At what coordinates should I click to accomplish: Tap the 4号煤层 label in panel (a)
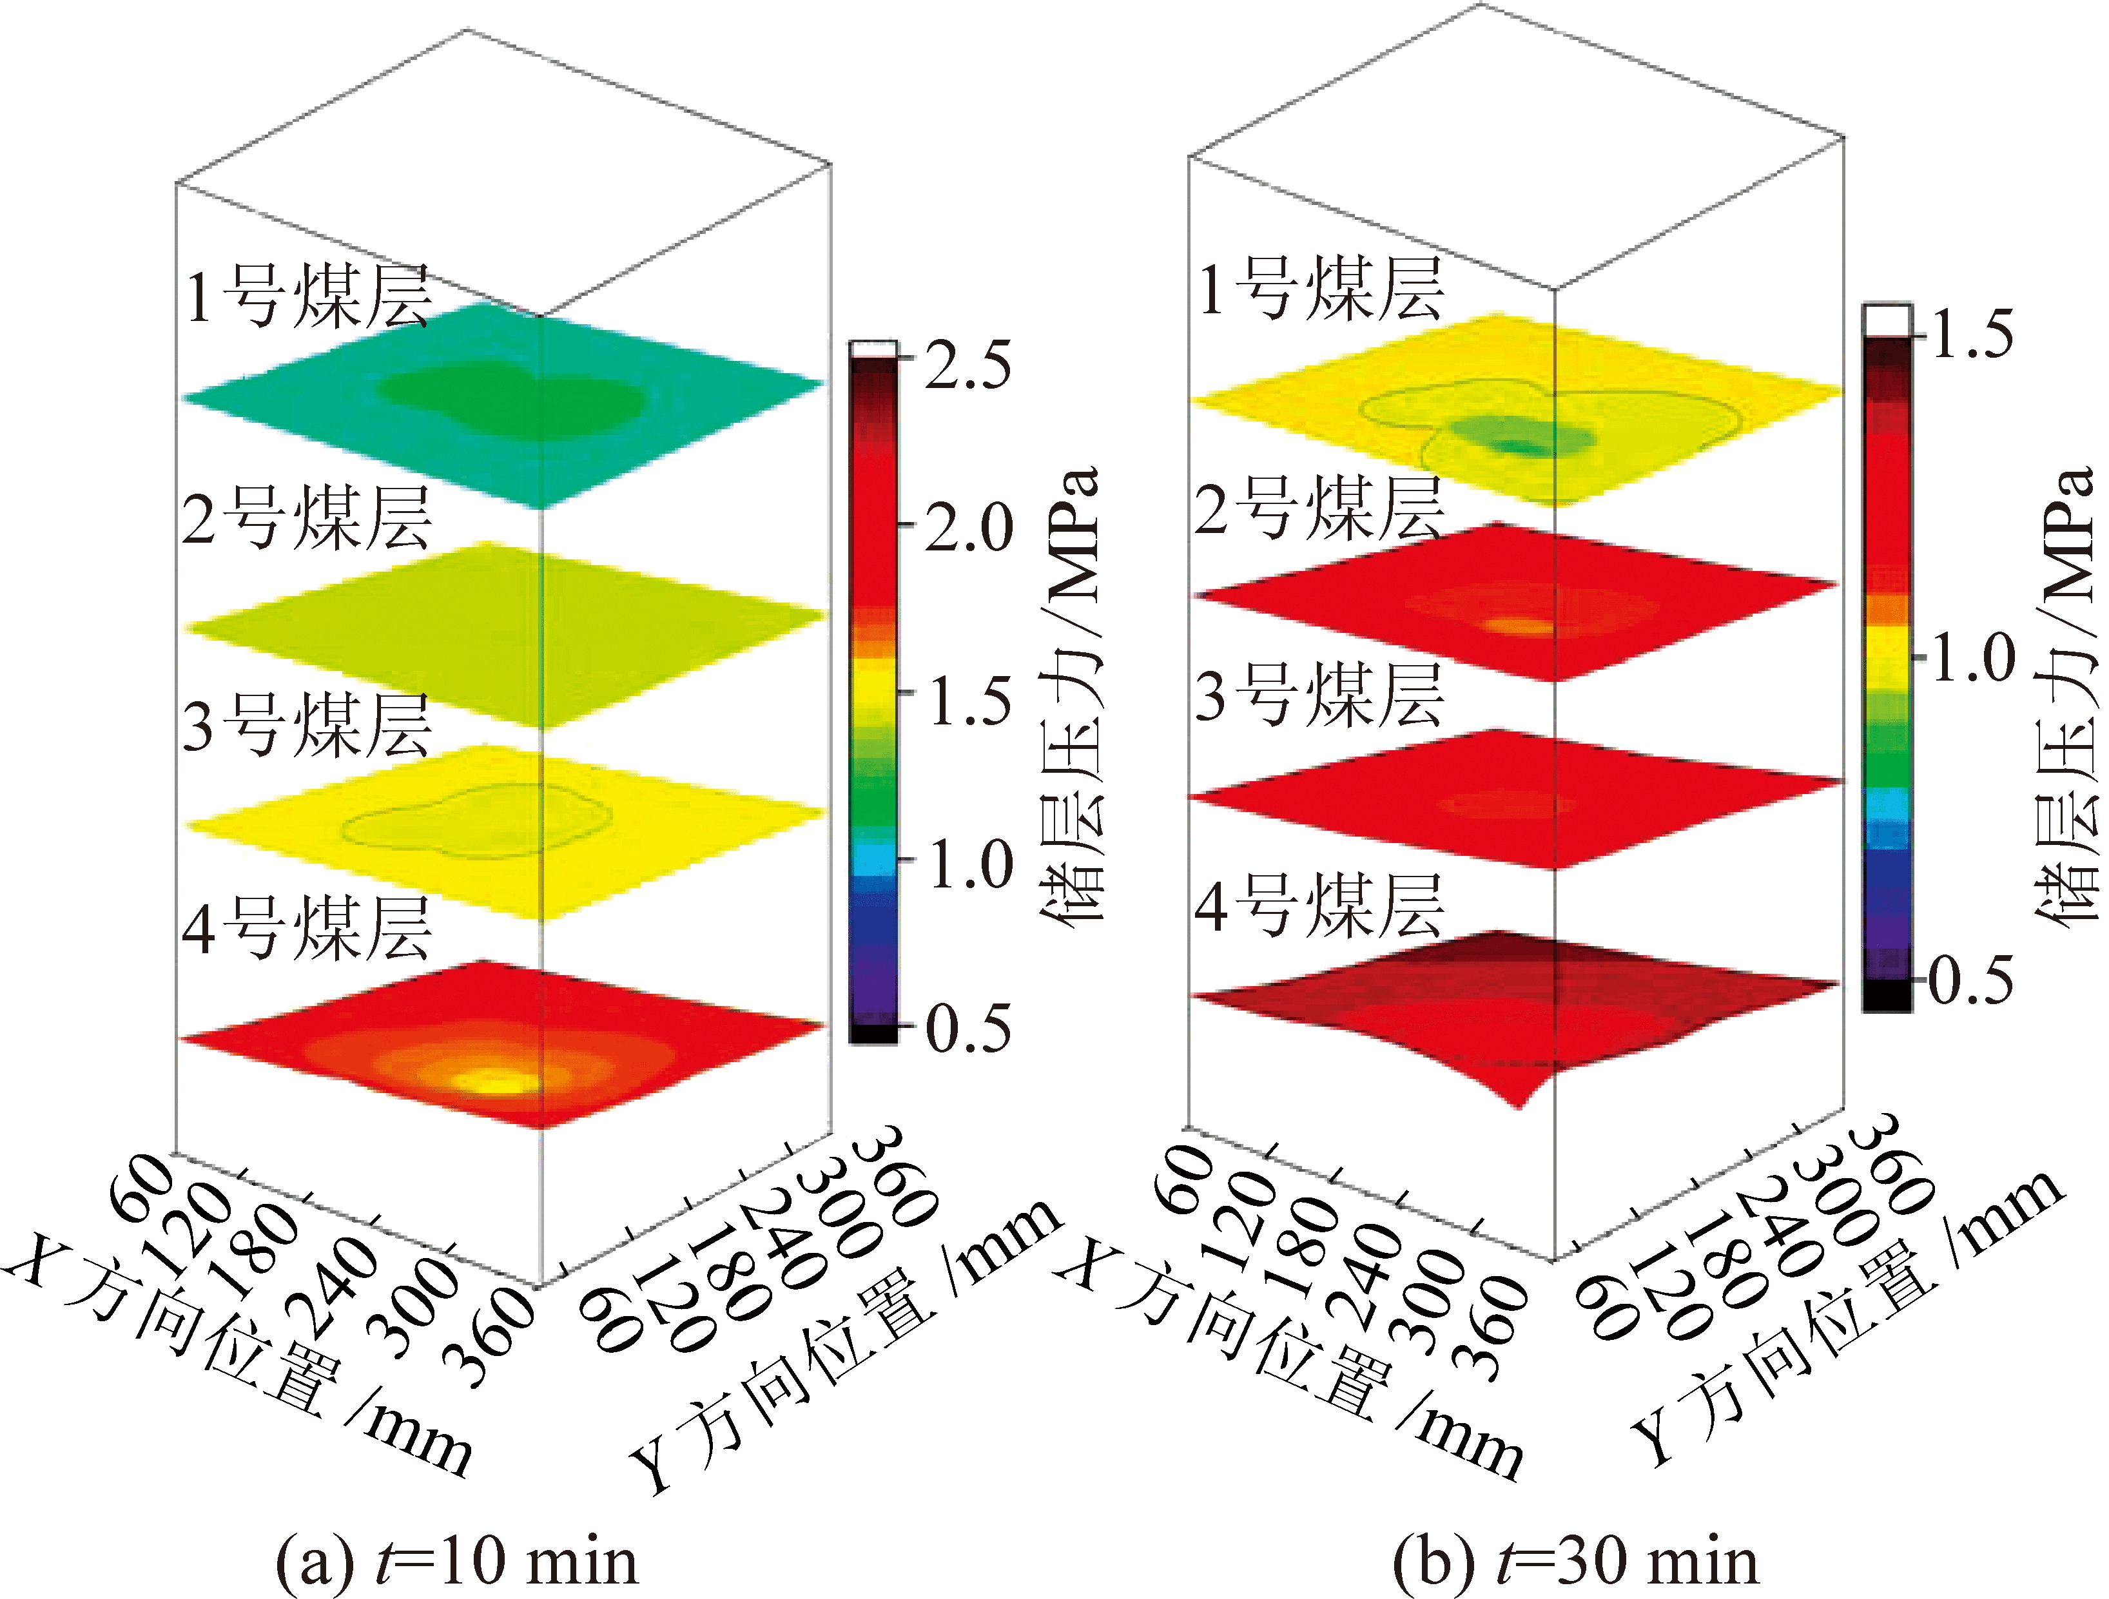[x=307, y=927]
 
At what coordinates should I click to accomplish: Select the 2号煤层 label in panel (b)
[x=1319, y=507]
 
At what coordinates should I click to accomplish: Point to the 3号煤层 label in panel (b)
[x=1319, y=694]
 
